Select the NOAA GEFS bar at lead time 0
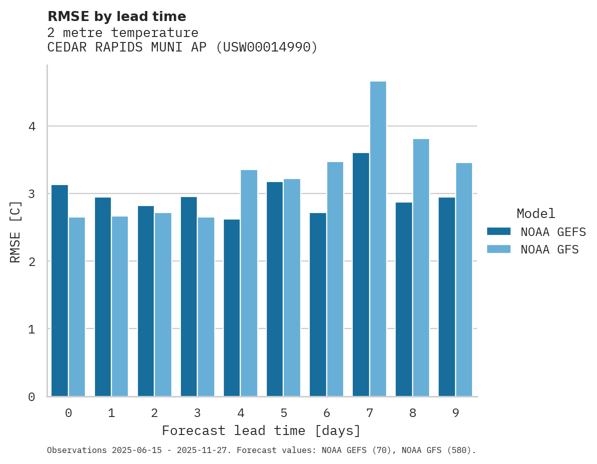click(x=59, y=290)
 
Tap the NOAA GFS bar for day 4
click(x=249, y=283)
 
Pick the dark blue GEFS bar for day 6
click(x=318, y=304)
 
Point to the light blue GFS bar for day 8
click(x=421, y=267)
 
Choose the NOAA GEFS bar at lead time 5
click(x=275, y=289)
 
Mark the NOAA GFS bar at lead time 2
click(x=163, y=304)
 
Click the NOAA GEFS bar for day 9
click(x=447, y=297)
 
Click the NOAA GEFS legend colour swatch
click(x=499, y=231)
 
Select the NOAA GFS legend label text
click(x=550, y=249)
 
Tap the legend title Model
click(x=536, y=214)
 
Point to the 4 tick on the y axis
click(x=32, y=126)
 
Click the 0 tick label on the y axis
click(x=32, y=397)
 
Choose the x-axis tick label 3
click(x=197, y=413)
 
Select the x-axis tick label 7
click(x=369, y=413)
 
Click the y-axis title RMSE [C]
click(x=15, y=231)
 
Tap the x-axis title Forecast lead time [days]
click(x=261, y=431)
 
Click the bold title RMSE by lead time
click(x=116, y=16)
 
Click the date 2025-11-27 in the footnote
click(x=207, y=450)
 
